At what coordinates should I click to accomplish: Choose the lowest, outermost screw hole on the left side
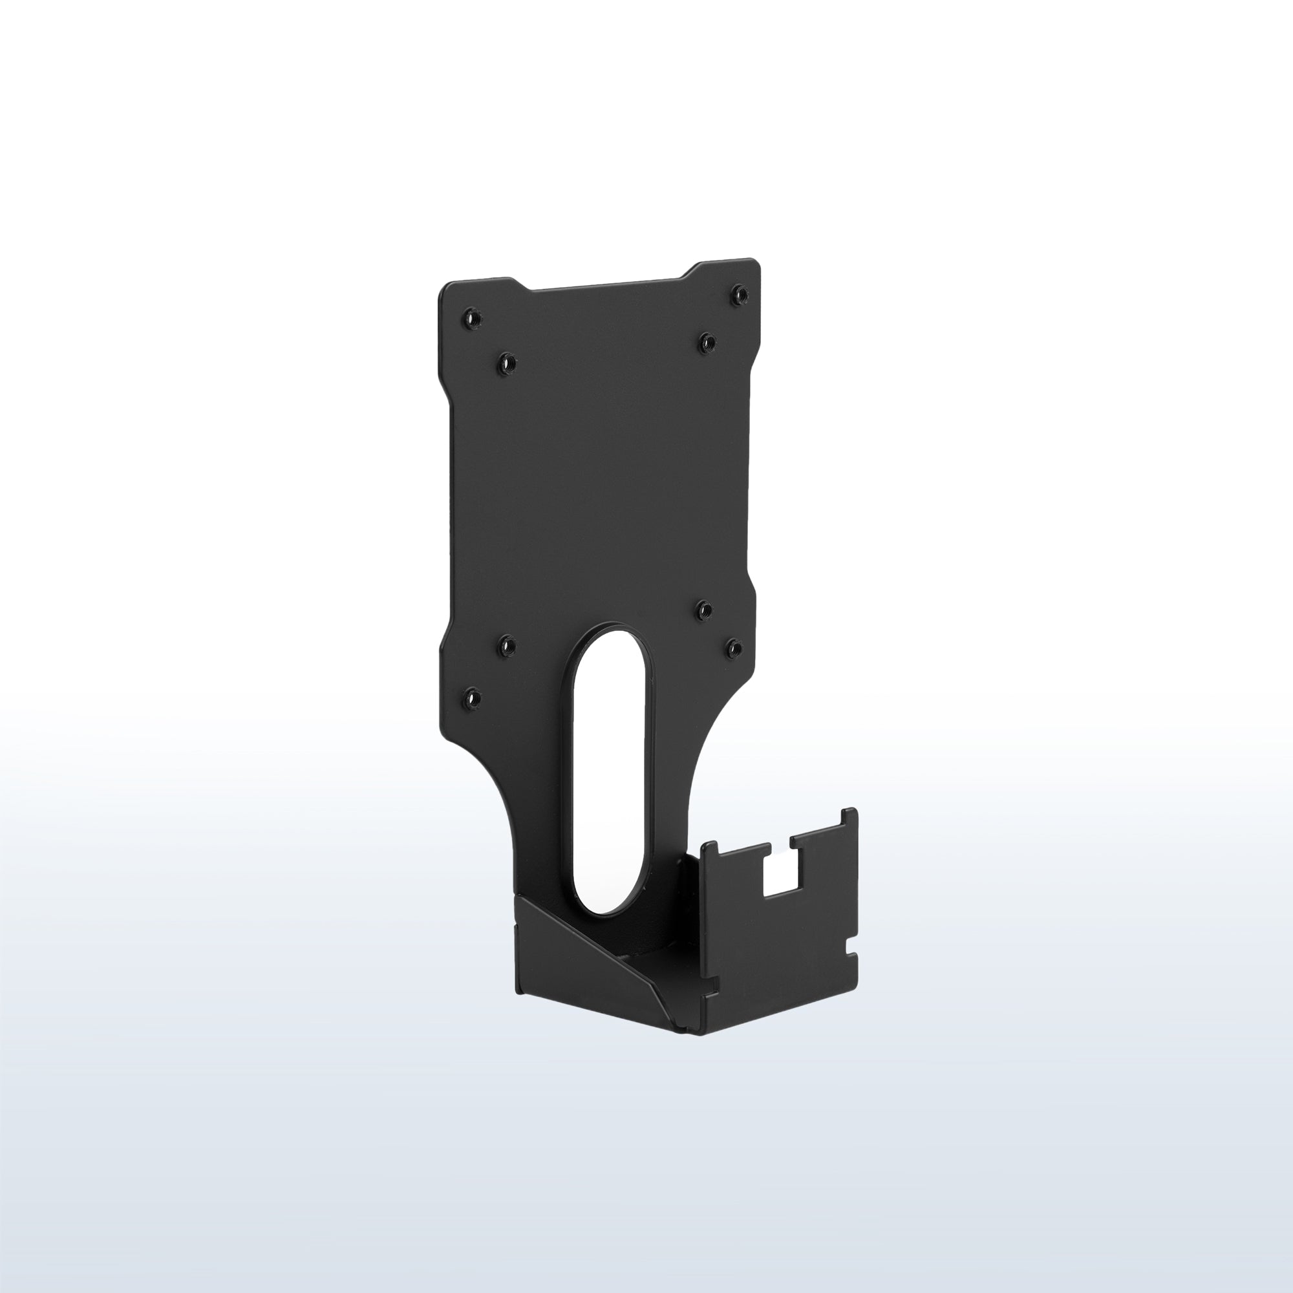(x=472, y=698)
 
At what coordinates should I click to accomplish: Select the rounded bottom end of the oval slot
(x=607, y=907)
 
